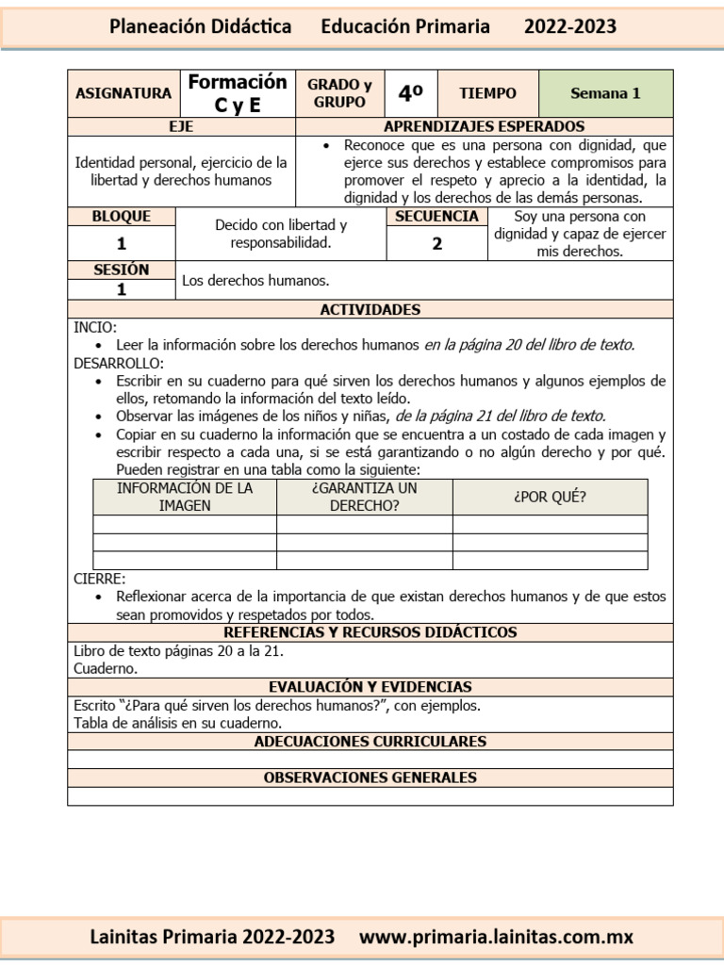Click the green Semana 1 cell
[x=605, y=93]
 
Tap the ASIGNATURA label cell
[x=123, y=93]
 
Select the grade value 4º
[x=410, y=93]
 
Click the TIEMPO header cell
[x=487, y=93]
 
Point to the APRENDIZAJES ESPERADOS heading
[x=485, y=126]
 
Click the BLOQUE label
[x=122, y=217]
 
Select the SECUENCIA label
[x=437, y=217]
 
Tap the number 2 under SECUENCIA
[x=437, y=243]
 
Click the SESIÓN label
[x=122, y=270]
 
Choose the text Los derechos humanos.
[x=255, y=281]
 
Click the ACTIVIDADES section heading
[x=370, y=309]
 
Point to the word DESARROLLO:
[x=119, y=363]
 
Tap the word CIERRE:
[x=99, y=579]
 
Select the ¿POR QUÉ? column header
[x=550, y=497]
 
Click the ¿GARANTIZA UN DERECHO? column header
[x=364, y=497]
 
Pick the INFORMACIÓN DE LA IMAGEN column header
[x=185, y=497]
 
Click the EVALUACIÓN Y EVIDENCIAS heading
[x=370, y=687]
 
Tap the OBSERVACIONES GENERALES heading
[x=370, y=777]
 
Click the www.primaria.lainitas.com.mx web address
[x=497, y=937]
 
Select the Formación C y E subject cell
[x=237, y=93]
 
